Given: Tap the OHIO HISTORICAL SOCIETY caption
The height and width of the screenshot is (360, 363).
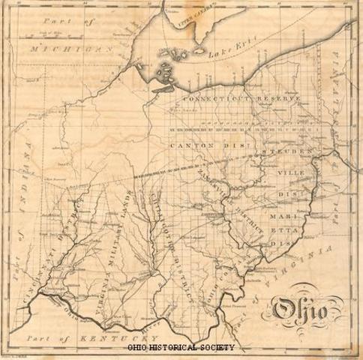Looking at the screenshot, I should [x=181, y=347].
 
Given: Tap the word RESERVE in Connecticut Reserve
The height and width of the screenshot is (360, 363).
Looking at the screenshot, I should [x=279, y=99].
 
